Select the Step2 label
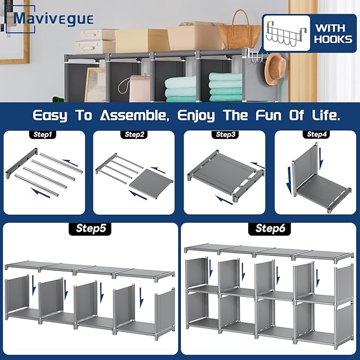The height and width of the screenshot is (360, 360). pyautogui.click(x=135, y=135)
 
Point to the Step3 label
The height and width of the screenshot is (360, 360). pyautogui.click(x=225, y=135)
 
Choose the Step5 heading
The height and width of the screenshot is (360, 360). pyautogui.click(x=91, y=229)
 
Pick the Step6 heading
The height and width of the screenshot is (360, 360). pyautogui.click(x=268, y=229)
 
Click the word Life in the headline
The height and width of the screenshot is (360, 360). pyautogui.click(x=323, y=115)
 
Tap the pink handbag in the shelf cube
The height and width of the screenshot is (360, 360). pyautogui.click(x=139, y=87)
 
